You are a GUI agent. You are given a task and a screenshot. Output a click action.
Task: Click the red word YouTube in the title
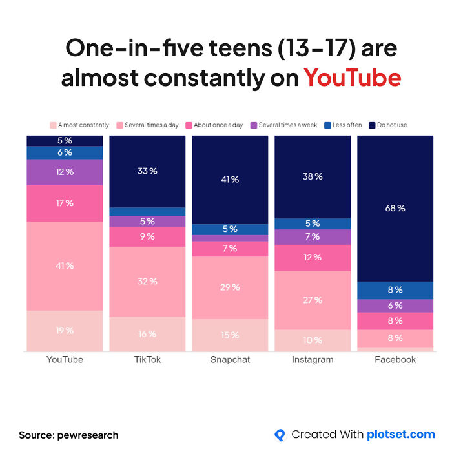click(x=353, y=78)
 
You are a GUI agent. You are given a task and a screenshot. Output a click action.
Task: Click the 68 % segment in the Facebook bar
click(x=396, y=208)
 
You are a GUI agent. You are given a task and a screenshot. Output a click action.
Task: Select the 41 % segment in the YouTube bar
click(x=65, y=265)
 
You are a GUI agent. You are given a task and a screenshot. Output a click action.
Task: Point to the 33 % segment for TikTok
click(x=147, y=171)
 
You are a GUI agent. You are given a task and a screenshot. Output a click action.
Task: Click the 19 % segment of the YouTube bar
click(x=65, y=331)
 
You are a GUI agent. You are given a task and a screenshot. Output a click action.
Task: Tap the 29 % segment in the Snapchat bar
click(x=230, y=287)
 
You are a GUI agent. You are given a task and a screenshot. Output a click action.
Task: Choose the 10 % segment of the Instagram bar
click(x=313, y=340)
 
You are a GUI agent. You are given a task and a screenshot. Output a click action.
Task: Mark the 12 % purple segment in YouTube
click(x=65, y=172)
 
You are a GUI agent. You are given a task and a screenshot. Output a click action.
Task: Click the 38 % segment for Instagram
click(x=313, y=176)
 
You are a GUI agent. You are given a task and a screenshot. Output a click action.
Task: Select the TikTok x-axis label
click(x=147, y=360)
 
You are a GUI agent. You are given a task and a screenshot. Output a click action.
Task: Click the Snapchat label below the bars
click(x=230, y=360)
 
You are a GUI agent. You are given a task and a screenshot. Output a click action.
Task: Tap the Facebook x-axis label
click(x=395, y=360)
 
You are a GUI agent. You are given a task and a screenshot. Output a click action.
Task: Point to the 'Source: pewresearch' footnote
click(x=68, y=435)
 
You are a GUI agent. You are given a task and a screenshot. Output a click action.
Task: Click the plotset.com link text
click(x=400, y=435)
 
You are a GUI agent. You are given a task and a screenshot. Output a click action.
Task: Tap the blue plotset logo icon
click(x=280, y=435)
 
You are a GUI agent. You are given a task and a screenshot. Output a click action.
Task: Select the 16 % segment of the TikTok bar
click(x=147, y=333)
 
